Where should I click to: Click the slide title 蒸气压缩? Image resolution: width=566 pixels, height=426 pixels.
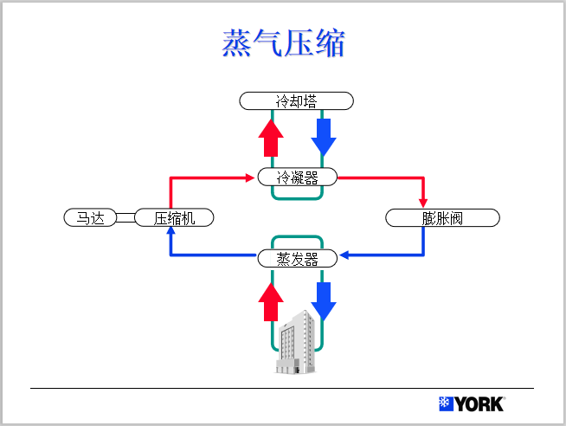click(283, 43)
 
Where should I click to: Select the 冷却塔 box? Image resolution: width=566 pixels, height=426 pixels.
click(297, 101)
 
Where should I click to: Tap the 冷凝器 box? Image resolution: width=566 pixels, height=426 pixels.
click(297, 177)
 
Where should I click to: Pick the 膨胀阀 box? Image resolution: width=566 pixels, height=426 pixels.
click(442, 217)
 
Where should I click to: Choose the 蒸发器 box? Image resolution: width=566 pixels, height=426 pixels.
click(298, 258)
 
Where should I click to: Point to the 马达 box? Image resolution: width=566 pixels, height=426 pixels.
click(90, 217)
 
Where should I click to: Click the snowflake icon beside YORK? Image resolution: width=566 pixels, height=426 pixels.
click(447, 404)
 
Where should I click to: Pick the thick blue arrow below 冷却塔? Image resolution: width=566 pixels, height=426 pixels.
click(325, 135)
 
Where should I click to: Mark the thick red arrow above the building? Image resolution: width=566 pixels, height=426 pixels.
click(272, 300)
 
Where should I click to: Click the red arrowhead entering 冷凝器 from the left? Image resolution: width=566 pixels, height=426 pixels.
click(252, 177)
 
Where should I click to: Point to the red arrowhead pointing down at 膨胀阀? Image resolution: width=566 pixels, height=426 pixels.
click(423, 203)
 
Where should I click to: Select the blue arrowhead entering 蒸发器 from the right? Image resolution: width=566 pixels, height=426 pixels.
click(344, 256)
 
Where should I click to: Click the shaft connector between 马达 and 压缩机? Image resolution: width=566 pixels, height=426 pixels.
click(126, 217)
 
